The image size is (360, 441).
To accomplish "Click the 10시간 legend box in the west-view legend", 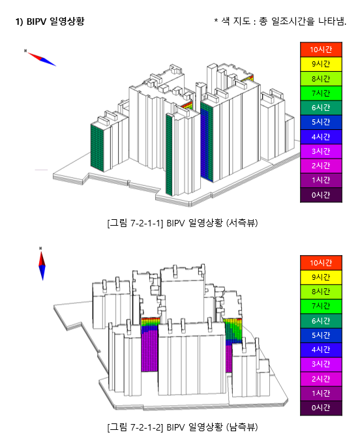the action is [x=321, y=50].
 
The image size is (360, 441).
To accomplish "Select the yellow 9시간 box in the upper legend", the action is [x=321, y=64].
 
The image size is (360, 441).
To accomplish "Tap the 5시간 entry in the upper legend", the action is [x=321, y=122].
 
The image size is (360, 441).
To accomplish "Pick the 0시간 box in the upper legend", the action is [x=321, y=195].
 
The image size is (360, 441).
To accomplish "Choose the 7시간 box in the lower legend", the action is [x=321, y=306].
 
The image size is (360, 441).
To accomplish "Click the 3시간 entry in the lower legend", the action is [x=321, y=364].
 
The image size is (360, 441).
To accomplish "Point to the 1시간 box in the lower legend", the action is [x=321, y=393].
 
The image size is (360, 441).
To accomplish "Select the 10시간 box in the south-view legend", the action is [x=321, y=263].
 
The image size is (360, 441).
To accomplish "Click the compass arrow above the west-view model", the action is [x=42, y=59].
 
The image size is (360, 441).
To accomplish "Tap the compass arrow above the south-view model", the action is [x=42, y=264].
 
